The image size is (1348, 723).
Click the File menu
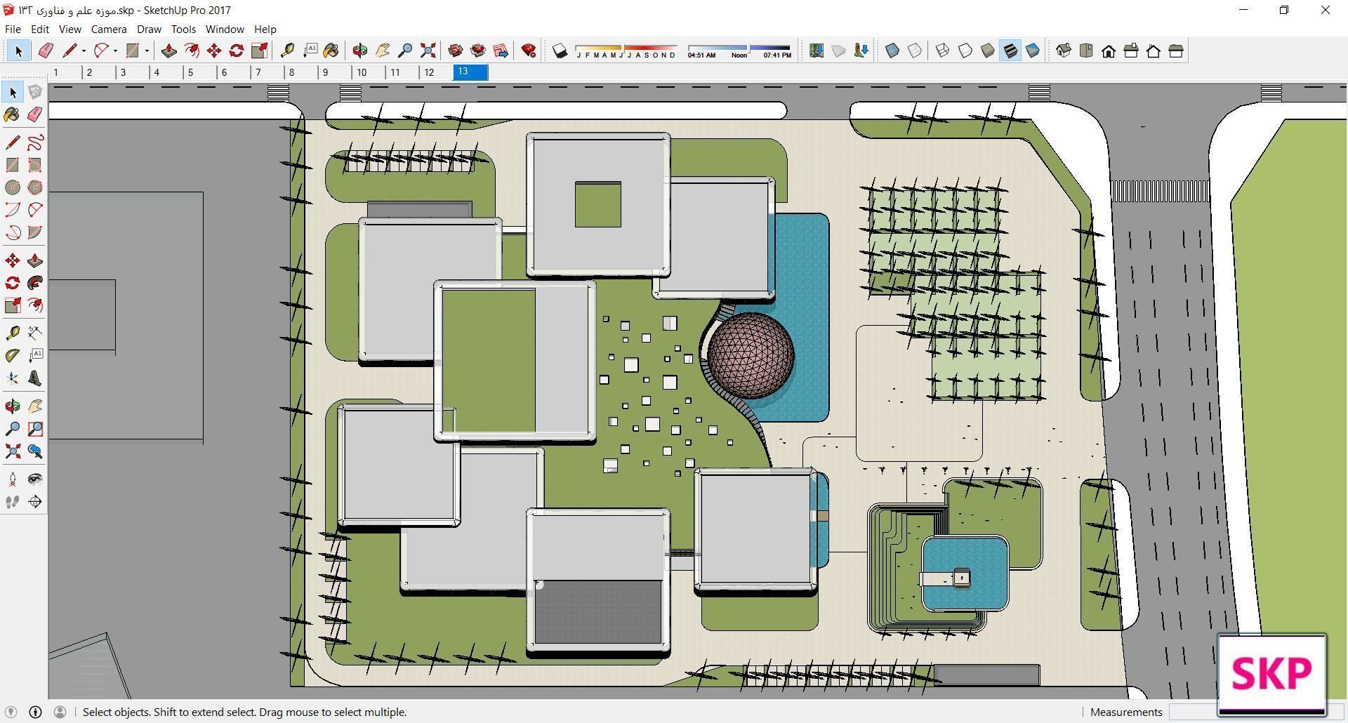pyautogui.click(x=13, y=29)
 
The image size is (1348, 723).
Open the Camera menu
pyautogui.click(x=109, y=29)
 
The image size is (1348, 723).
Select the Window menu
pyautogui.click(x=225, y=29)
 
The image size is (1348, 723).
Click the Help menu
pyautogui.click(x=265, y=29)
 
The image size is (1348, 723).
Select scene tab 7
pyautogui.click(x=258, y=72)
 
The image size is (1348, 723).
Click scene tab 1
pyautogui.click(x=56, y=72)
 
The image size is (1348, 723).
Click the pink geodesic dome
pyautogui.click(x=751, y=355)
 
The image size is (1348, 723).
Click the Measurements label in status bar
pyautogui.click(x=1126, y=712)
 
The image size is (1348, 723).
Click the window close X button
pyautogui.click(x=1325, y=10)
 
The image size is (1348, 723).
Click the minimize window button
pyautogui.click(x=1243, y=10)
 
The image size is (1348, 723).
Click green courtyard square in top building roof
pyautogui.click(x=597, y=205)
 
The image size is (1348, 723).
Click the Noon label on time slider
pyautogui.click(x=739, y=55)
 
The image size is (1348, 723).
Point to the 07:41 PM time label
pyautogui.click(x=777, y=55)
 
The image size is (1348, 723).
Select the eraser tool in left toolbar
pyautogui.click(x=35, y=114)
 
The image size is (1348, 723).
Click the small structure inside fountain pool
pyautogui.click(x=961, y=578)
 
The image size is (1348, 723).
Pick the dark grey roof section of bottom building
pyautogui.click(x=597, y=611)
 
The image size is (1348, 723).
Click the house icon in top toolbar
pyautogui.click(x=1109, y=51)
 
